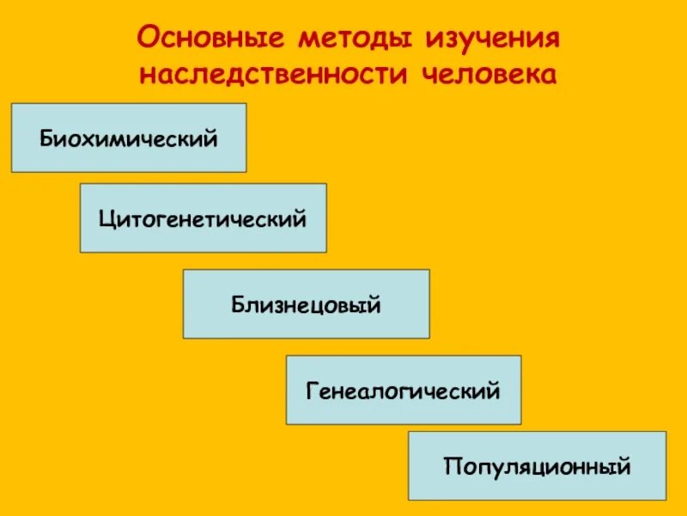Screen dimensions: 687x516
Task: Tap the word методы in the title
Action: coord(350,39)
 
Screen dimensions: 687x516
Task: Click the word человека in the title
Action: coord(490,74)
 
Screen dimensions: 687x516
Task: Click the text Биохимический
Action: coord(128,138)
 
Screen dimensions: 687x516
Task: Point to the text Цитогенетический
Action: coord(203,218)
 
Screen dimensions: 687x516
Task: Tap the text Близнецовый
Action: coord(306,304)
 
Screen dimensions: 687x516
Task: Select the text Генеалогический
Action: coord(403,391)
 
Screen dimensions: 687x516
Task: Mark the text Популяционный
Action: coord(538,467)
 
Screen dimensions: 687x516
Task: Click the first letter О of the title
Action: coord(147,39)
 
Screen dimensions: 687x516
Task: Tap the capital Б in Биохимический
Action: coord(45,138)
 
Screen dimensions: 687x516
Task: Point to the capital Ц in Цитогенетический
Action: coord(106,218)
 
